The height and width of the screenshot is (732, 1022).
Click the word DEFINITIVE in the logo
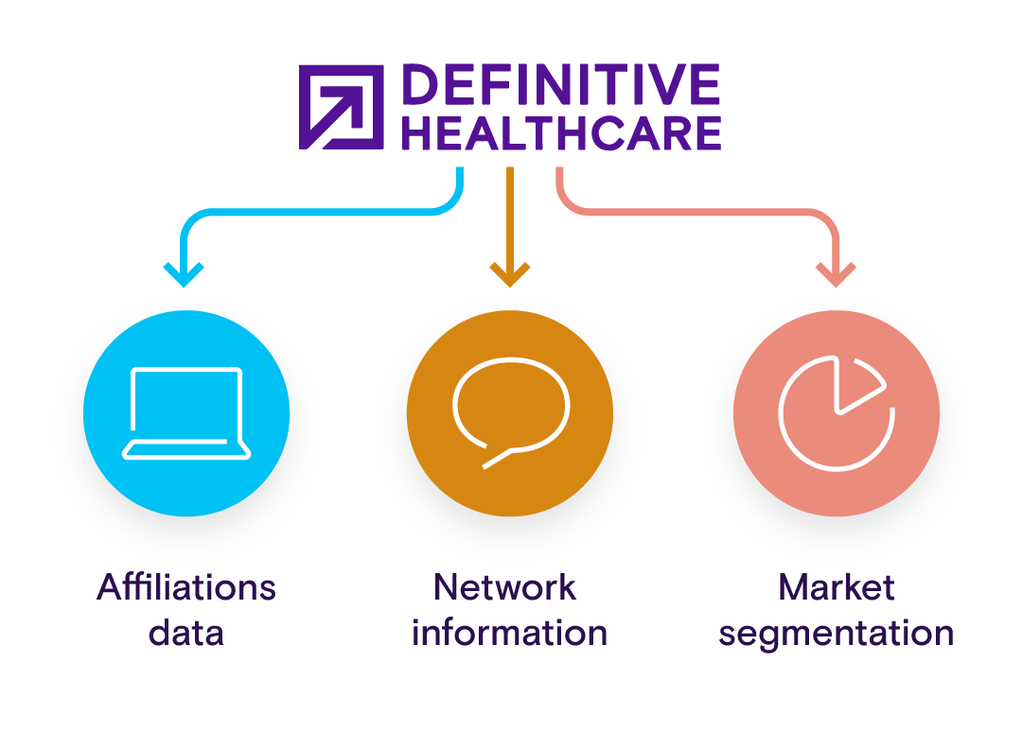pos(560,86)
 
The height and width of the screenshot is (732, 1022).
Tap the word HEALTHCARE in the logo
pos(560,133)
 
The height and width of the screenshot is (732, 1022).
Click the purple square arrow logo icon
pos(341,107)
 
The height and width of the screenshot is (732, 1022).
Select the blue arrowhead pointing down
pos(184,274)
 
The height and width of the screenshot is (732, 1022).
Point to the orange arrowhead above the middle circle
pos(510,275)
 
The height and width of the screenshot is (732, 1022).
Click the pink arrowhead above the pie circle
pos(836,274)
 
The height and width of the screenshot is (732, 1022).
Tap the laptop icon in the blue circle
pos(186,413)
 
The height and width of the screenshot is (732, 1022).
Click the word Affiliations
pos(186,587)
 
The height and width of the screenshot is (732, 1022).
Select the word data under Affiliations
pos(186,632)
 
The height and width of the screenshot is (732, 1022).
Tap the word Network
pos(505,587)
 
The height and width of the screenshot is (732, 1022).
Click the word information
pos(510,632)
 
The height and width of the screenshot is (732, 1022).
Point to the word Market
pos(837,587)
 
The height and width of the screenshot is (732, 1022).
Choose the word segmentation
pos(837,633)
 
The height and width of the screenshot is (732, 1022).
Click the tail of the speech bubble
pos(498,459)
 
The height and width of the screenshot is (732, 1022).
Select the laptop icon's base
pos(186,450)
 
